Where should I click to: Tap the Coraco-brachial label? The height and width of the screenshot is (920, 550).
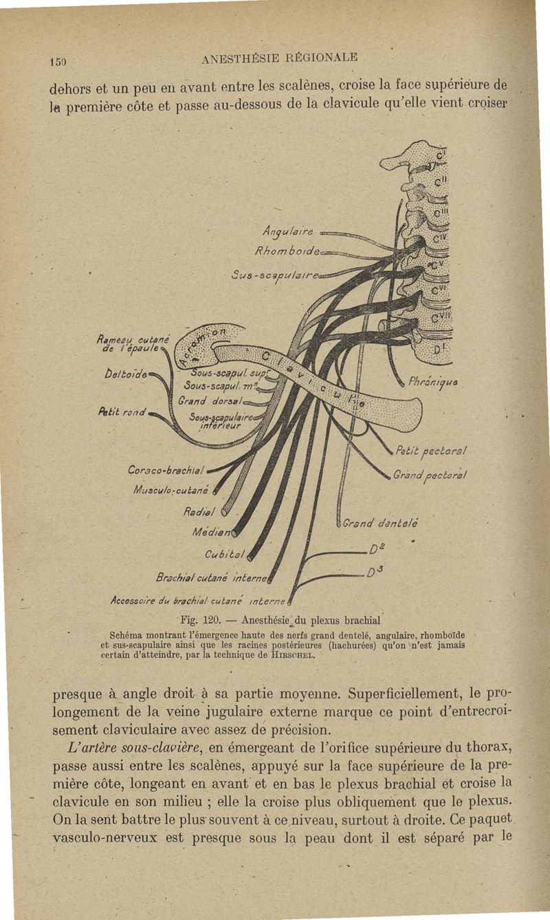point(166,471)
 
